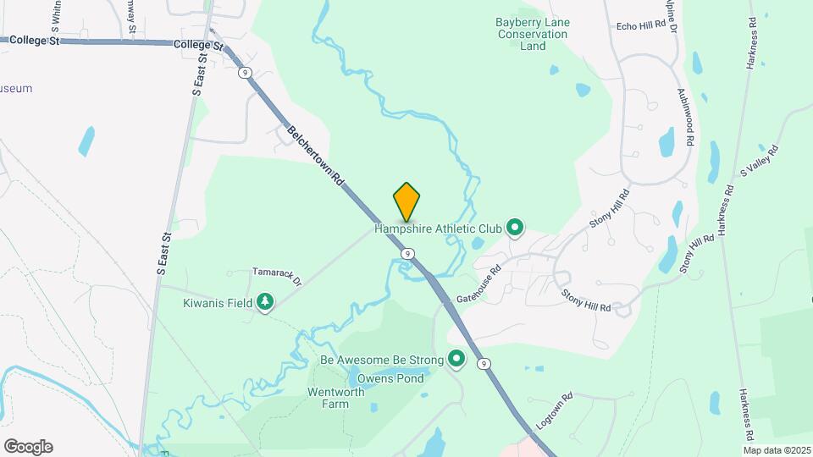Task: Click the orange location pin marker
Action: pyautogui.click(x=406, y=202)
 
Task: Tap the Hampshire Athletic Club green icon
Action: pyautogui.click(x=514, y=227)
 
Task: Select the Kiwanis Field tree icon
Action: pyautogui.click(x=265, y=302)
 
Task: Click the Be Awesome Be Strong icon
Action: pyautogui.click(x=456, y=361)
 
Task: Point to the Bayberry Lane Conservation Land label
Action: pyautogui.click(x=533, y=34)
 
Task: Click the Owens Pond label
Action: pyautogui.click(x=390, y=378)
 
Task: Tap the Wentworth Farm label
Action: pyautogui.click(x=335, y=398)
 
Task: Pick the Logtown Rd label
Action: pyautogui.click(x=555, y=409)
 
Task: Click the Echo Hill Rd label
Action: pyautogui.click(x=641, y=26)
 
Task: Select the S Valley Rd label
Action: pyautogui.click(x=759, y=160)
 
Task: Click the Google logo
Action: pyautogui.click(x=28, y=447)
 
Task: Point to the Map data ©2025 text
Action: pyautogui.click(x=777, y=449)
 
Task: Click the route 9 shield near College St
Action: pyautogui.click(x=245, y=74)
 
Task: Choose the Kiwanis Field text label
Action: pyautogui.click(x=218, y=302)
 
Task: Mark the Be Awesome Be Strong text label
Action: pyautogui.click(x=382, y=361)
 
